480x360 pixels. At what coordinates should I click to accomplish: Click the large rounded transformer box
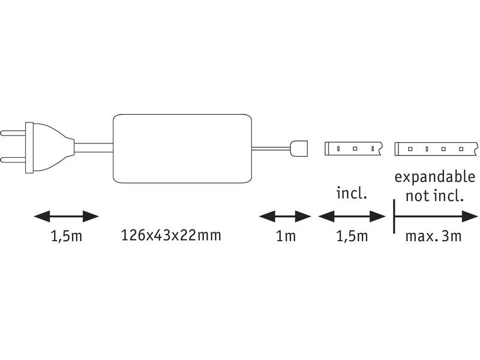[182, 148]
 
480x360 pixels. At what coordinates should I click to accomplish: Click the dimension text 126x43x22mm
[171, 235]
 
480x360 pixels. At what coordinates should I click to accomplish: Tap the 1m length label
[286, 236]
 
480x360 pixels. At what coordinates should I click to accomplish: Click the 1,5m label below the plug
[66, 236]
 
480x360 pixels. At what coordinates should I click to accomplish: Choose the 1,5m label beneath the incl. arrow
[351, 236]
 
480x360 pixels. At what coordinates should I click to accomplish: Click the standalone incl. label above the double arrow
[351, 193]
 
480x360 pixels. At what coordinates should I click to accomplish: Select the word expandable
[435, 178]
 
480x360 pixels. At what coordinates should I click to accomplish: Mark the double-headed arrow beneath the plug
[65, 215]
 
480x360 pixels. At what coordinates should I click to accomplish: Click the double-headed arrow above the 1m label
[285, 215]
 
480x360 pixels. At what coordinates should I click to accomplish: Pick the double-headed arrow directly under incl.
[351, 215]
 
